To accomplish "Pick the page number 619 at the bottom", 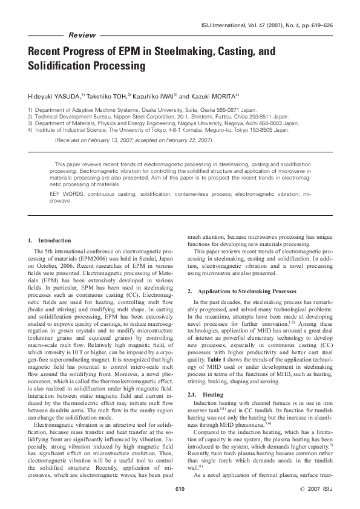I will point(180,488).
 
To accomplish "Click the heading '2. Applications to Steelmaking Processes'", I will point(234,291).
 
